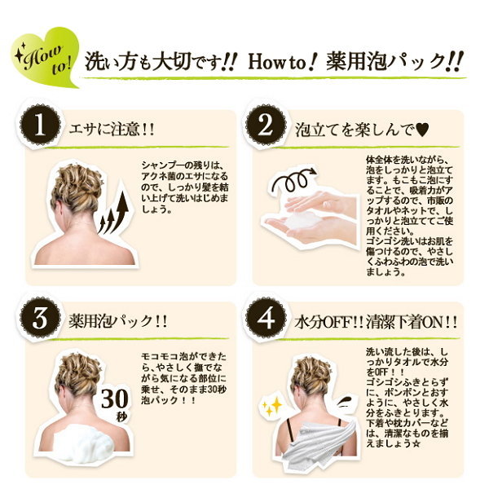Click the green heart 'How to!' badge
pos(44,58)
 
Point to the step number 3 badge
pos(40,318)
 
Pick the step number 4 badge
pos(266,318)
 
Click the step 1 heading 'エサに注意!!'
pos(112,129)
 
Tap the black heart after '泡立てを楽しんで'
pos(422,130)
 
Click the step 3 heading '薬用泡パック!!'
pos(118,320)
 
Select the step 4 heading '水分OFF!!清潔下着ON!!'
pos(376,322)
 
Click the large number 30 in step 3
pos(114,399)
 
